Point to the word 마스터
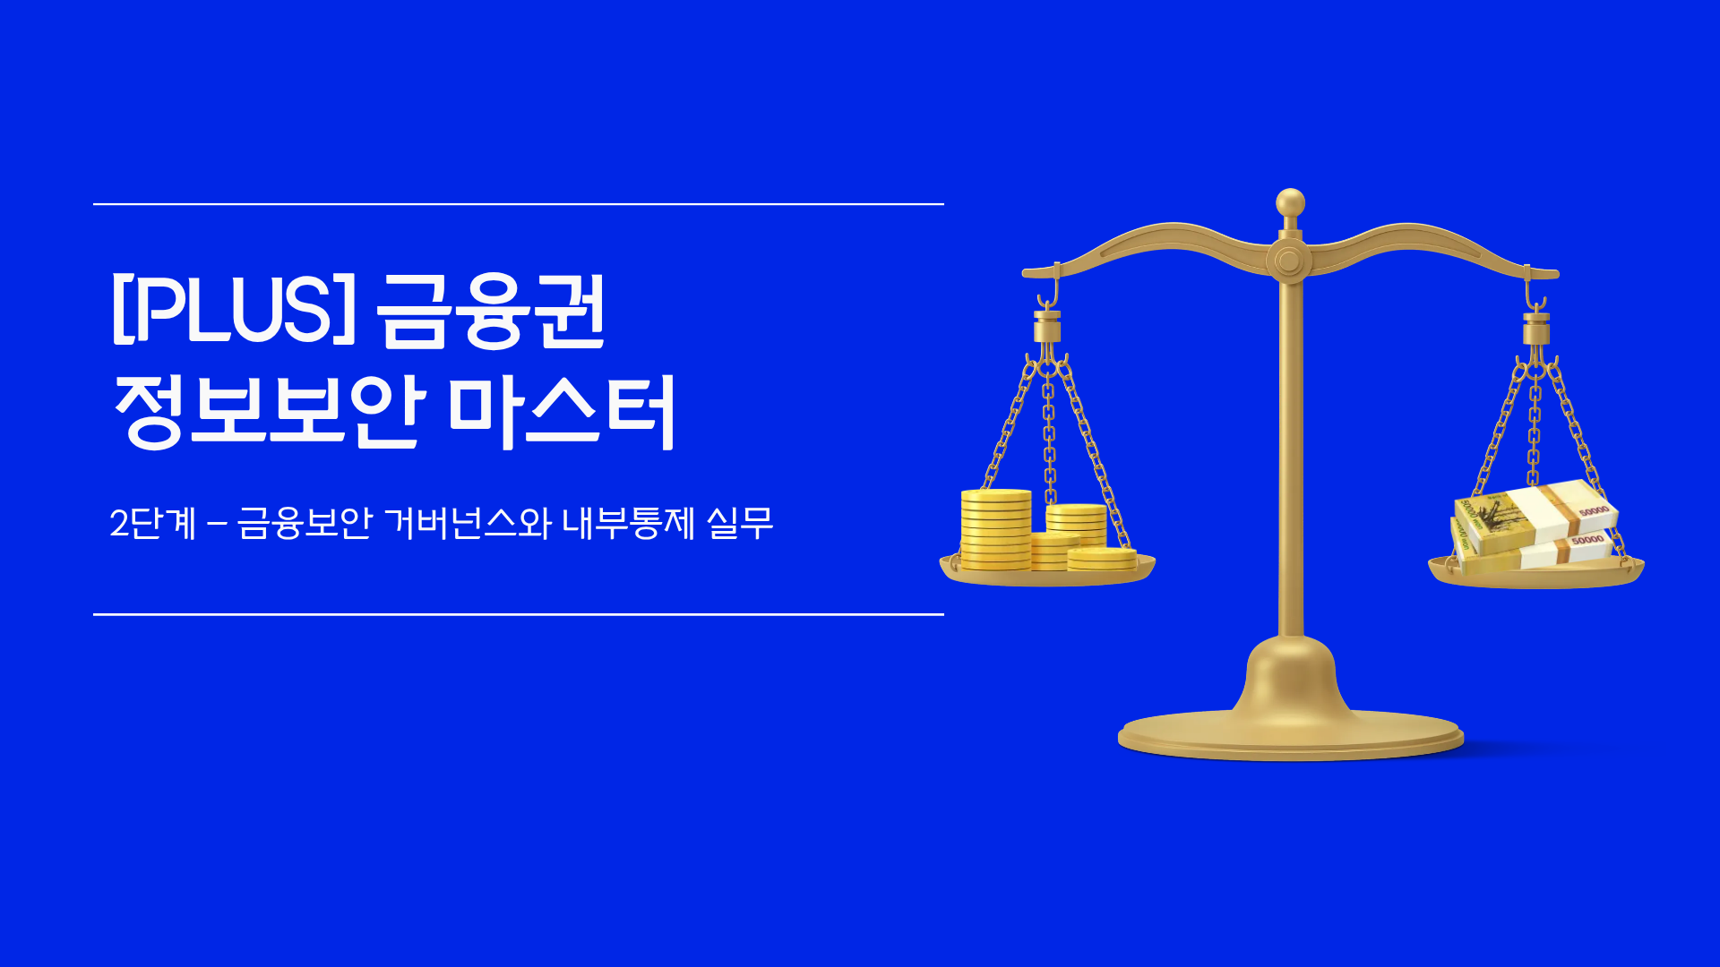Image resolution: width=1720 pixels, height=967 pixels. point(561,412)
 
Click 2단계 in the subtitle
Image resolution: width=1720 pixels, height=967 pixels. point(152,523)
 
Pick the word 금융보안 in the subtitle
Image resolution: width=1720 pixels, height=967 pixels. point(305,523)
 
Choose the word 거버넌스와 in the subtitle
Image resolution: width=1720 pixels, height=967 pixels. point(467,523)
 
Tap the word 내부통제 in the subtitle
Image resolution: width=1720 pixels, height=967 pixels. point(628,523)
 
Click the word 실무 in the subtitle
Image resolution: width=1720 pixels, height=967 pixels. point(739,523)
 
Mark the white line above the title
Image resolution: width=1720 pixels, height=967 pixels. point(518,204)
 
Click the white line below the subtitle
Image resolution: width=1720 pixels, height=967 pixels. point(518,614)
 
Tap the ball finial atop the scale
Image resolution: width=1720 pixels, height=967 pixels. point(1290,202)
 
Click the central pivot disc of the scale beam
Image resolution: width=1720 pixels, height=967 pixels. point(1288,261)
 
